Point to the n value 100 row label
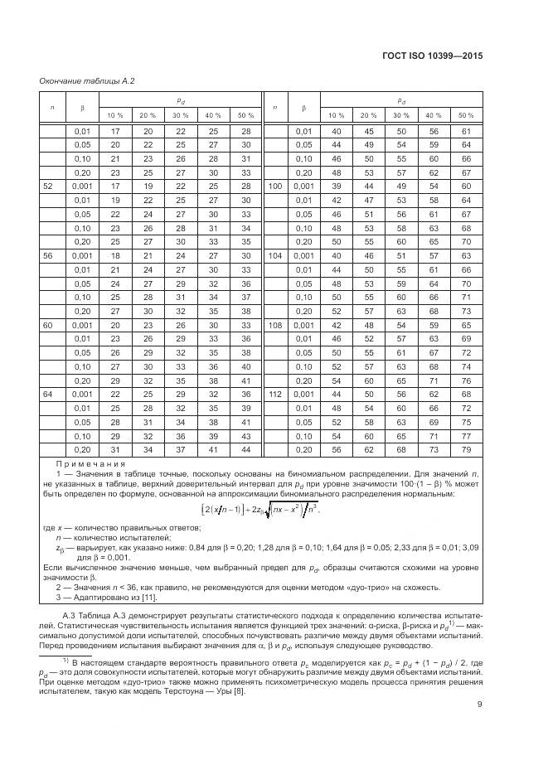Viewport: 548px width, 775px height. pos(276,186)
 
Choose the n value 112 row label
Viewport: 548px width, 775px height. pos(276,395)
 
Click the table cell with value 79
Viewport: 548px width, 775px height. pos(465,449)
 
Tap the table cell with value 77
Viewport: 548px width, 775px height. pos(465,436)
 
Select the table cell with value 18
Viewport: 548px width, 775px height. pos(115,255)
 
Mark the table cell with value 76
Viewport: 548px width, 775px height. pos(465,380)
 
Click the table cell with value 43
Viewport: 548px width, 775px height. pos(244,436)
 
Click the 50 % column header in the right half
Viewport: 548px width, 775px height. pos(465,114)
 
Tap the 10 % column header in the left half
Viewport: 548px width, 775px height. pos(115,114)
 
